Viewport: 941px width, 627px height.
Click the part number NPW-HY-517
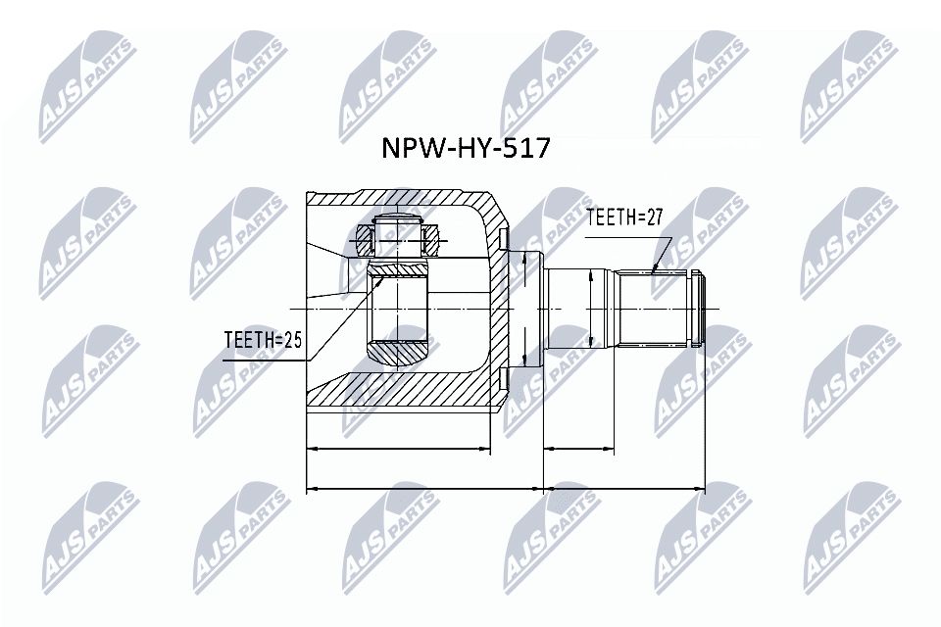(466, 150)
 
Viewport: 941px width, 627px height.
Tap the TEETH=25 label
(261, 339)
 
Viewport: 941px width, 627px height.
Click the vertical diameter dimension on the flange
(525, 309)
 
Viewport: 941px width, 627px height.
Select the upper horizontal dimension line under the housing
(398, 450)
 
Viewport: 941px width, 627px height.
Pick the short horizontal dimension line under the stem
(578, 450)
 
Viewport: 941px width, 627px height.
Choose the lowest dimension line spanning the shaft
(623, 487)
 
